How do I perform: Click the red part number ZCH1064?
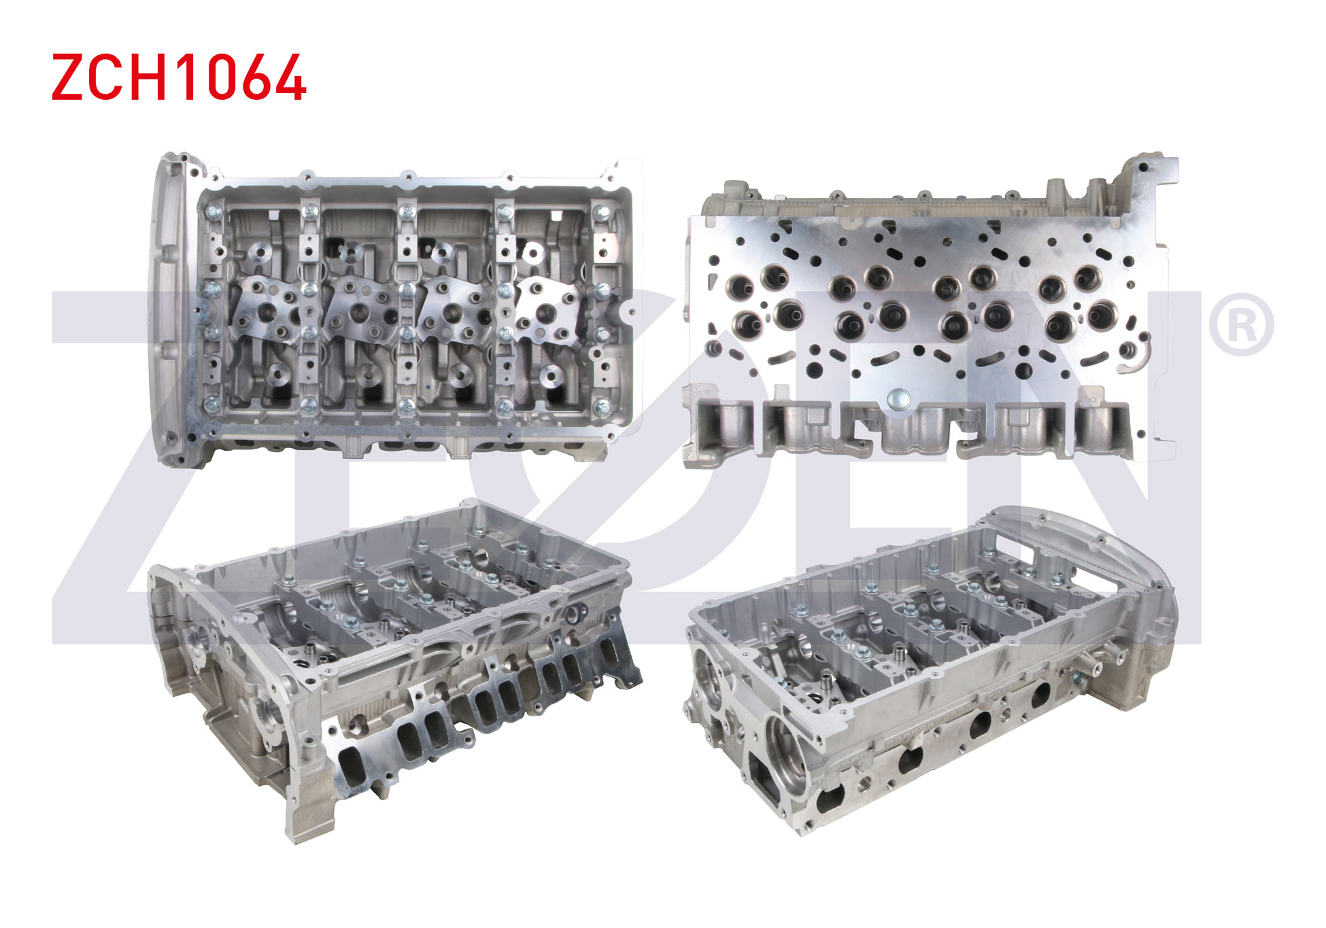click(179, 78)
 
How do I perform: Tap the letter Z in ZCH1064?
click(67, 78)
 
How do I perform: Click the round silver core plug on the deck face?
click(898, 399)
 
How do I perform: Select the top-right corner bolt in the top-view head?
click(602, 213)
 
